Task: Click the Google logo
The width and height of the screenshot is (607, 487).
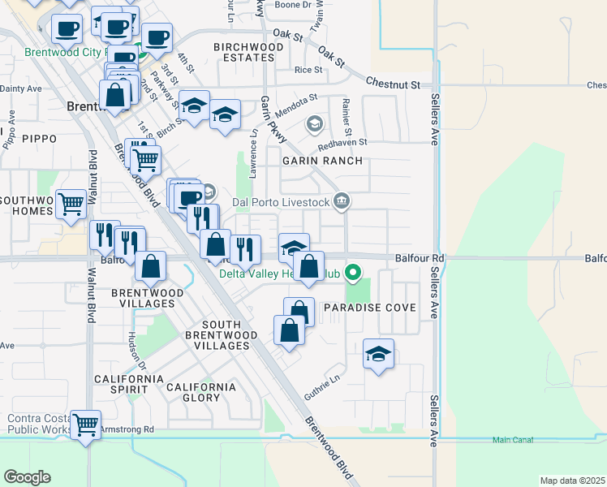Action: [27, 477]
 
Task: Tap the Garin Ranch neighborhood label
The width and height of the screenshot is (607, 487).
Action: [316, 161]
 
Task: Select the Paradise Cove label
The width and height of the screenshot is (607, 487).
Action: [370, 308]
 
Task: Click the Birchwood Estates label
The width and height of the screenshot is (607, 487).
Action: [249, 53]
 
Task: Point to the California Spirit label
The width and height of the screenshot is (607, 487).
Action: [128, 379]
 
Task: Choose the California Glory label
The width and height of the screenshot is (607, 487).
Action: [201, 392]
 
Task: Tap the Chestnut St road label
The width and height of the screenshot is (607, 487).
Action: [393, 84]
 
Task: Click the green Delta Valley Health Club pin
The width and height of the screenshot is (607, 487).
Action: [353, 273]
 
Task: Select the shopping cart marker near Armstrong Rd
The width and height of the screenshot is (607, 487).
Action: [85, 424]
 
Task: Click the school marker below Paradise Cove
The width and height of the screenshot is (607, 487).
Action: [378, 354]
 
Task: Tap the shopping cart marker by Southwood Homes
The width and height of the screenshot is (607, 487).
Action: [71, 204]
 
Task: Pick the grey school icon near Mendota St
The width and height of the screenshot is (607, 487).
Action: [314, 124]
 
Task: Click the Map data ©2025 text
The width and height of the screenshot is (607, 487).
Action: [573, 481]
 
